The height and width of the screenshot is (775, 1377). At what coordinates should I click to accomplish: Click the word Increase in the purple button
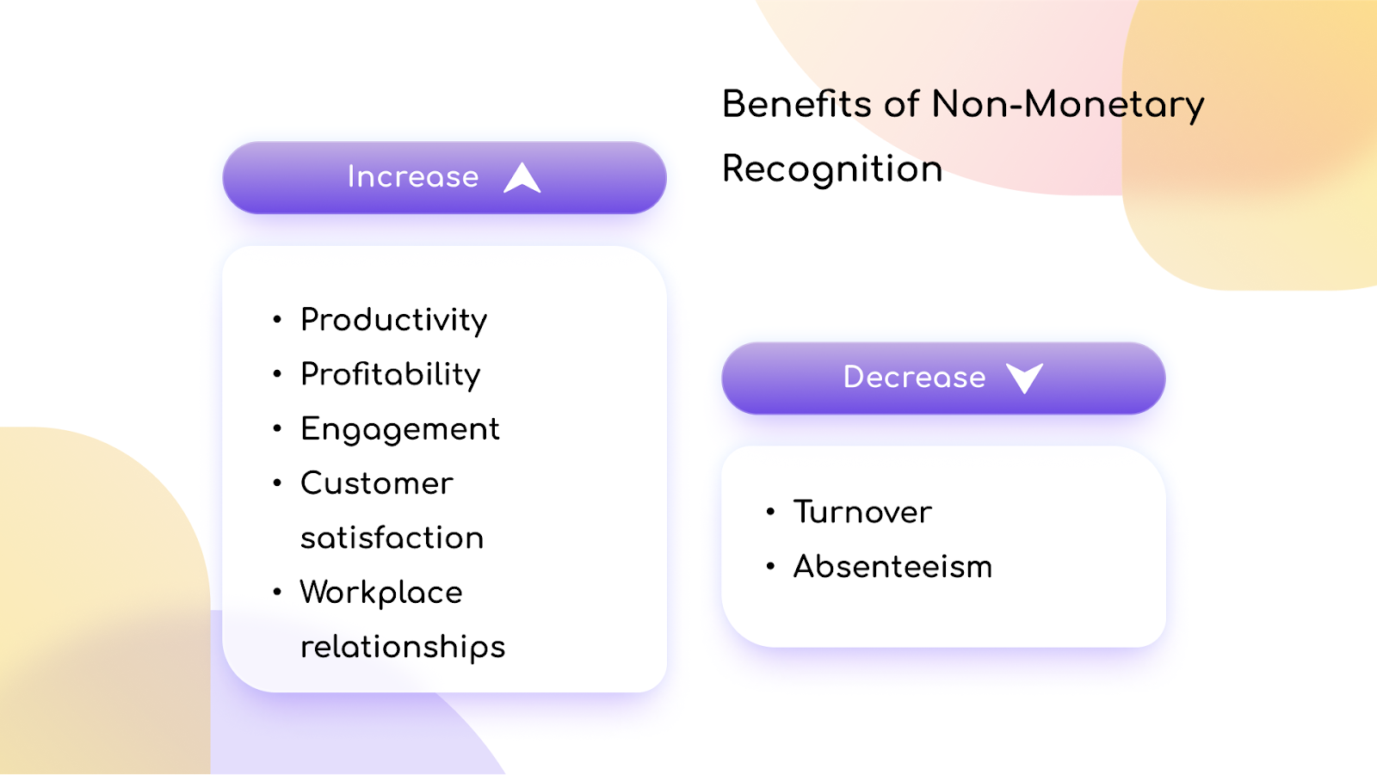click(412, 177)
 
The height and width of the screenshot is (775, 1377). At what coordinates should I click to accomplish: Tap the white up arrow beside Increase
click(522, 178)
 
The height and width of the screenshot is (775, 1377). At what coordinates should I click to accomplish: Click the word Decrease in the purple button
click(914, 378)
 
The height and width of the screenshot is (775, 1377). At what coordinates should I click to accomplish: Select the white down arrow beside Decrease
click(1024, 378)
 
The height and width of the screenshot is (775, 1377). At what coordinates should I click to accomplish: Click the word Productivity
click(393, 320)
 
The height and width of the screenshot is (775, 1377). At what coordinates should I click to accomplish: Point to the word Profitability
click(390, 375)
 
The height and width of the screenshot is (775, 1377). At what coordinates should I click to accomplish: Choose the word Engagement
click(399, 429)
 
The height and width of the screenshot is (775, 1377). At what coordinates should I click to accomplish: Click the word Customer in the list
click(376, 483)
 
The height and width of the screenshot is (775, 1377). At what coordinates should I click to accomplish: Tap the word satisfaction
click(392, 538)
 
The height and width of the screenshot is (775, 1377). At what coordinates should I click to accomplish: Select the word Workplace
click(381, 593)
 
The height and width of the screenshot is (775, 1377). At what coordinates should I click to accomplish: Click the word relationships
click(402, 647)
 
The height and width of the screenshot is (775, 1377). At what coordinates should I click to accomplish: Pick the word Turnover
click(862, 513)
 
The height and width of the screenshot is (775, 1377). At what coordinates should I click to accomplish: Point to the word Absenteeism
click(892, 567)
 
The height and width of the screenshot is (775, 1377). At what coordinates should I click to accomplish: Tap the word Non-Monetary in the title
click(1067, 105)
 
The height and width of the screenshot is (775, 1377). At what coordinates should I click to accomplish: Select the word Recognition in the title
click(832, 169)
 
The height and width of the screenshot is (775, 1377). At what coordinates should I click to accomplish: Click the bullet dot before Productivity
click(277, 320)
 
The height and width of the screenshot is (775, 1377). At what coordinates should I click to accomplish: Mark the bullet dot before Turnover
click(770, 512)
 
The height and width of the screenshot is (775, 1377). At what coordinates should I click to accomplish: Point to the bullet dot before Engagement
click(277, 428)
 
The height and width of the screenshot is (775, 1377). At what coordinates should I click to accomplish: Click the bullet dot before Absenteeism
click(770, 566)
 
